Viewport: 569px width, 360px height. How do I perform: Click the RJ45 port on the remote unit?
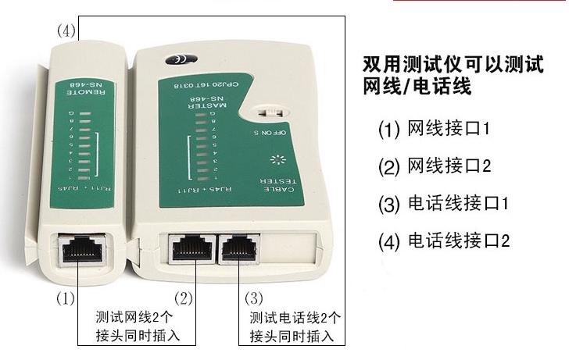click(78, 250)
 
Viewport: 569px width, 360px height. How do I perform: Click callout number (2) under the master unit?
click(183, 298)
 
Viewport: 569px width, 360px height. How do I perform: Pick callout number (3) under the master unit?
click(253, 298)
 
